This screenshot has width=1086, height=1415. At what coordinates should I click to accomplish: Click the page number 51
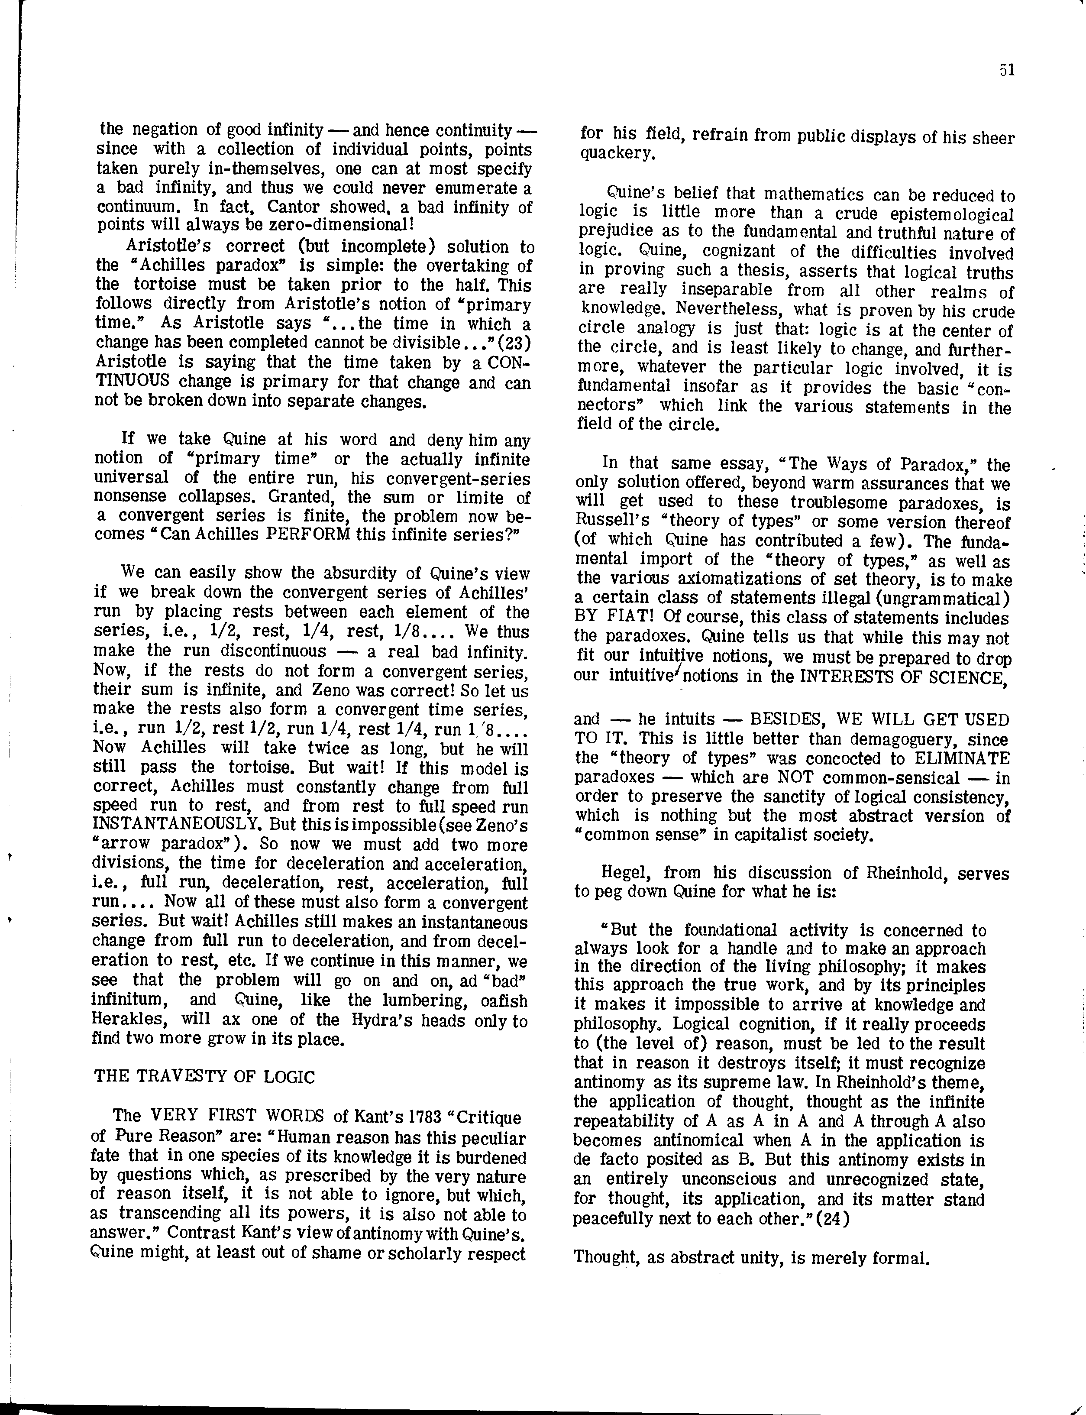[1006, 71]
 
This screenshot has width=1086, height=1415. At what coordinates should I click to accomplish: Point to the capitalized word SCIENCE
[966, 677]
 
